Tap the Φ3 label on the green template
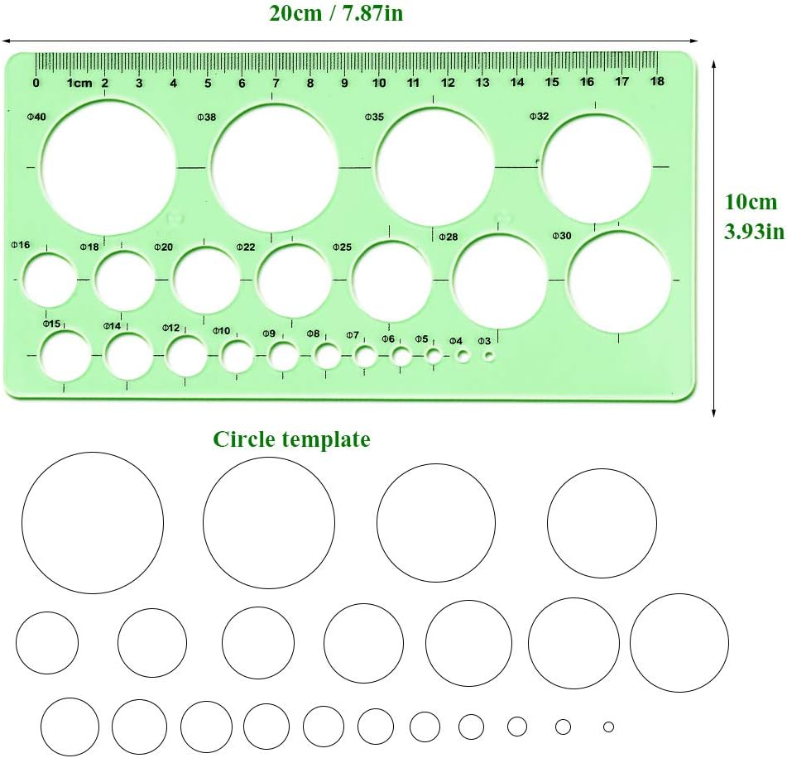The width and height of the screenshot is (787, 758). click(484, 341)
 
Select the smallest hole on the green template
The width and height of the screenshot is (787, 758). click(489, 356)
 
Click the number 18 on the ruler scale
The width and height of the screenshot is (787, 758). click(657, 82)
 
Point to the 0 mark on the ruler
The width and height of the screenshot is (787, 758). click(36, 82)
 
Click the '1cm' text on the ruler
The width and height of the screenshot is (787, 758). click(79, 83)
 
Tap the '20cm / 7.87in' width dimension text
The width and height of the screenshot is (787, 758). click(336, 14)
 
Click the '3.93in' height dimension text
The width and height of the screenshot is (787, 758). click(753, 232)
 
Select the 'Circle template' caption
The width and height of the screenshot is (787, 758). click(291, 439)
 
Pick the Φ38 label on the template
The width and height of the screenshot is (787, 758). click(206, 117)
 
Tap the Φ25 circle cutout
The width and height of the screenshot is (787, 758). click(391, 280)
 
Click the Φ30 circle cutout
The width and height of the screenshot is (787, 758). click(619, 281)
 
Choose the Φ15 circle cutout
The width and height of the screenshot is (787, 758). click(65, 355)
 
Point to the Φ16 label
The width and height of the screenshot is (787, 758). click(21, 245)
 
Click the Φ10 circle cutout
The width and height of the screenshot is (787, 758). click(238, 356)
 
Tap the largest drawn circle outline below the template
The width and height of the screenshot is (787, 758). click(93, 523)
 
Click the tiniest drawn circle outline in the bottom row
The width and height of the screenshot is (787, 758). click(608, 727)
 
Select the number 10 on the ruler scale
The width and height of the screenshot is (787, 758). click(379, 82)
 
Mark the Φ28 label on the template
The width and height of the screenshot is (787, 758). click(448, 237)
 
